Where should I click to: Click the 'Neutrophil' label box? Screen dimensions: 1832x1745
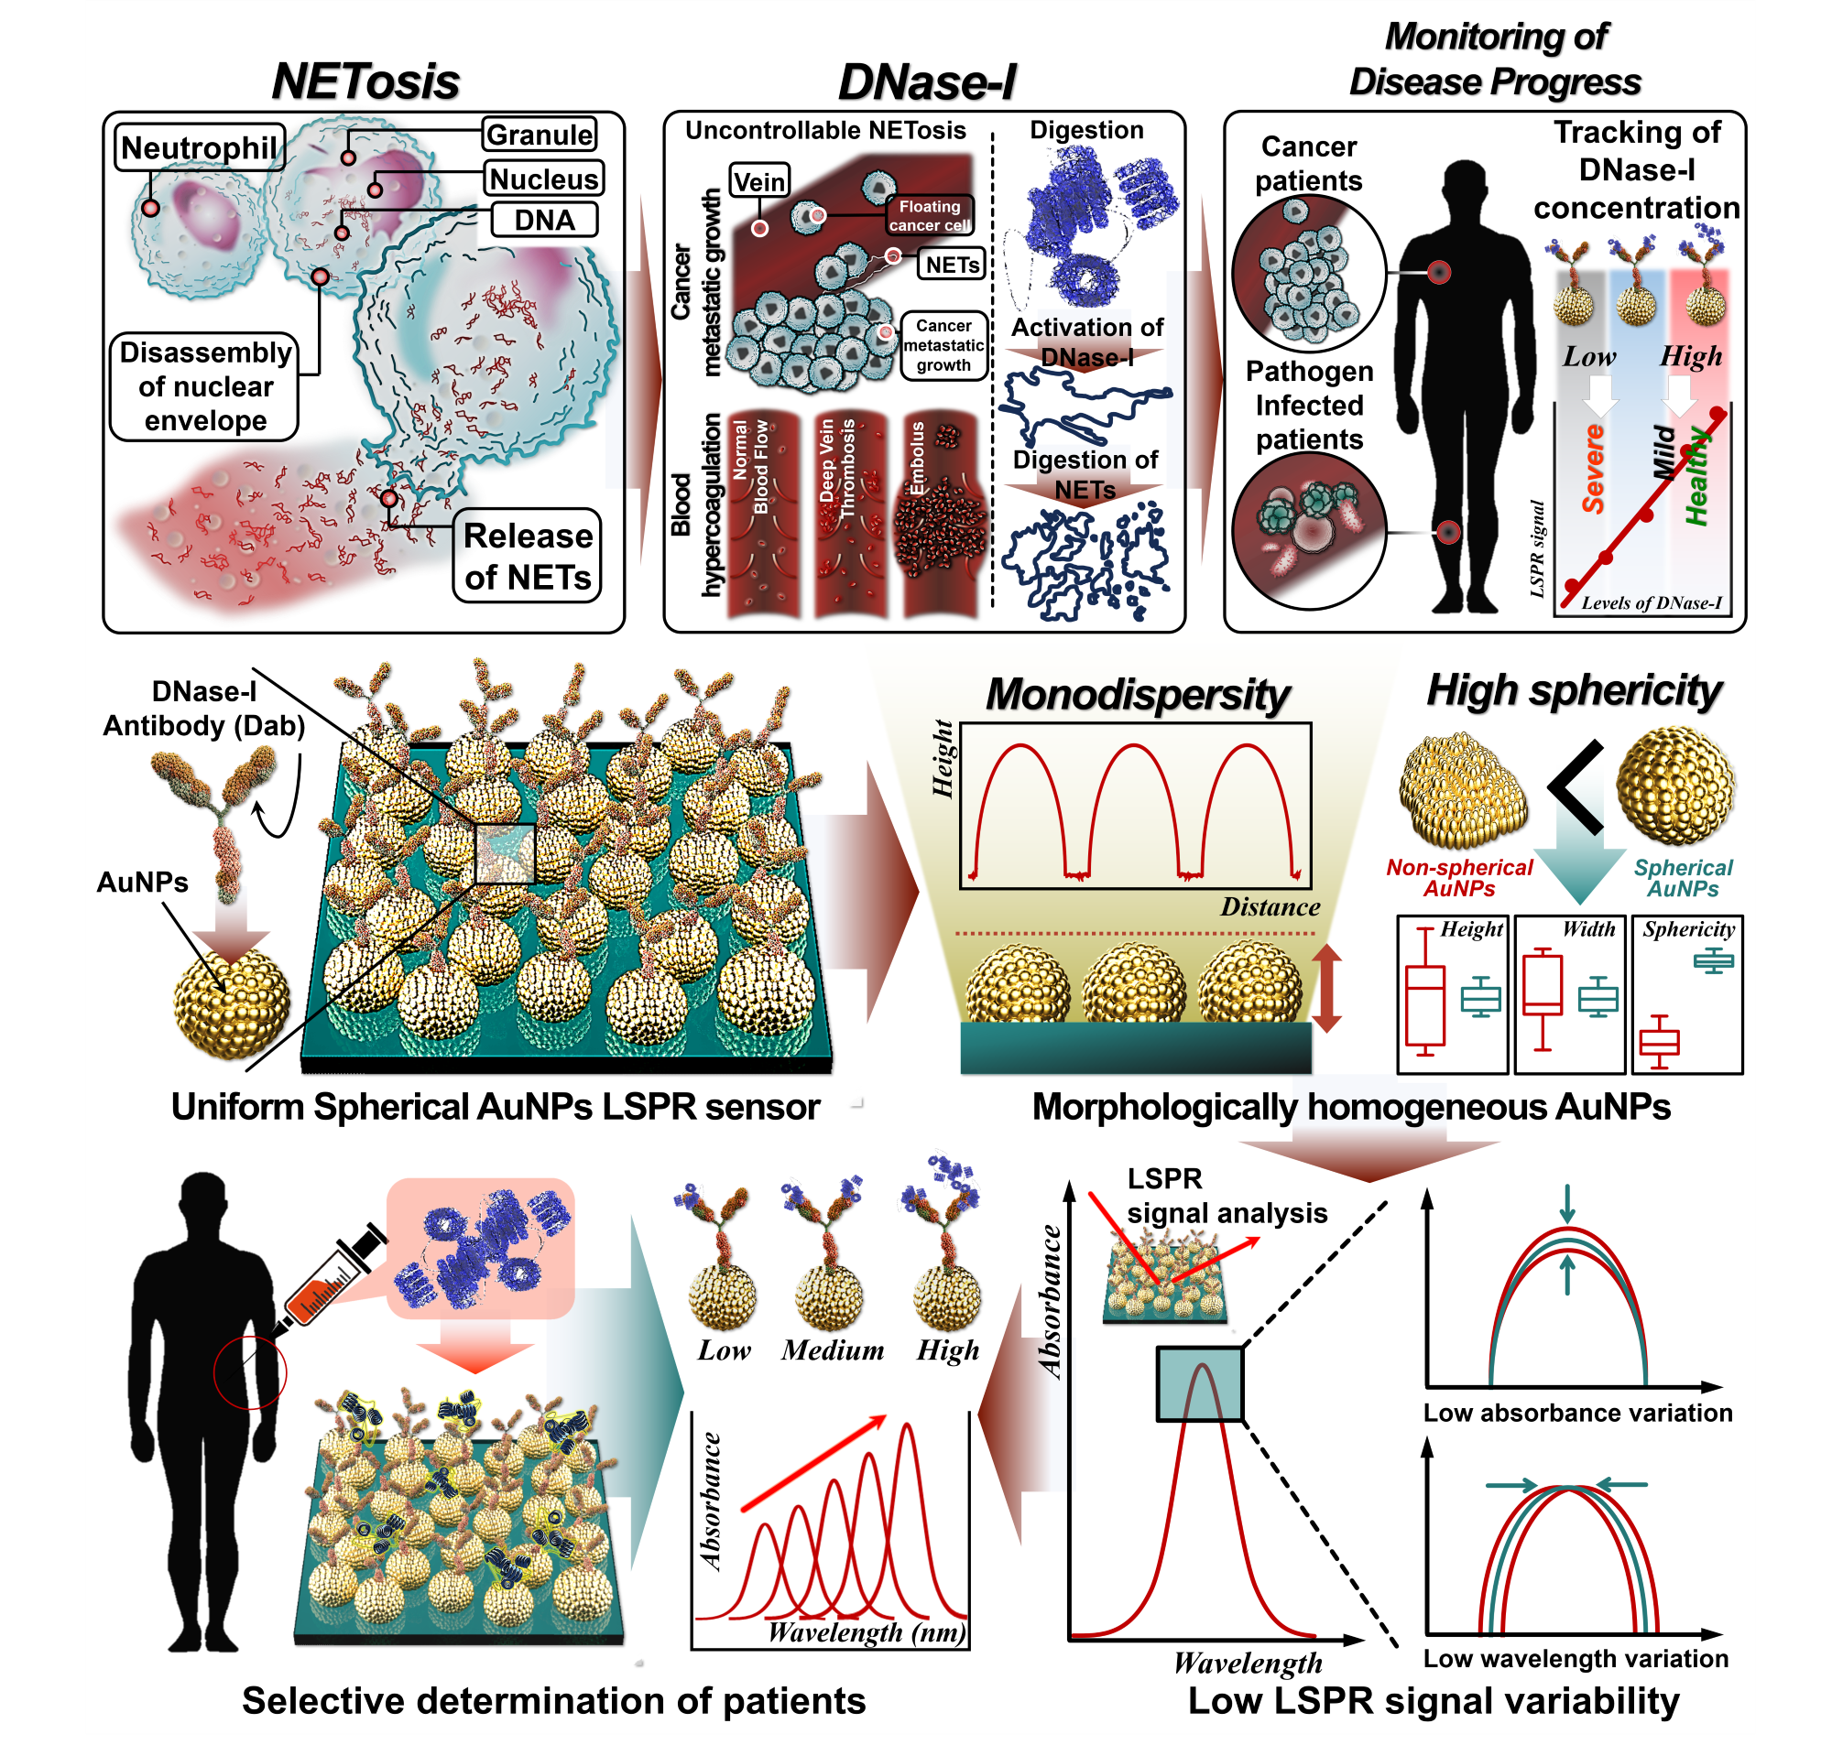tap(199, 147)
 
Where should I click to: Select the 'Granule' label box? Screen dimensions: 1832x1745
tap(540, 135)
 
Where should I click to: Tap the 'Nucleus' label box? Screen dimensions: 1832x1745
tap(544, 179)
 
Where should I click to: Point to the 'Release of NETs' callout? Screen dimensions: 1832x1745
tap(528, 556)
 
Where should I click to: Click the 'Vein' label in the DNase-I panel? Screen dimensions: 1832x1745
tap(759, 181)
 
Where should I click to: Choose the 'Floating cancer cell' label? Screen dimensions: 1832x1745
tap(929, 215)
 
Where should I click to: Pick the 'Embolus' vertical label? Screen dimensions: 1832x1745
tap(918, 459)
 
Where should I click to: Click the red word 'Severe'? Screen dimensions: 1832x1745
tap(1593, 469)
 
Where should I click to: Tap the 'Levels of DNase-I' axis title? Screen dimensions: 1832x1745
tap(1652, 602)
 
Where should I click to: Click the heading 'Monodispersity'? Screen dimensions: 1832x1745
tap(1137, 694)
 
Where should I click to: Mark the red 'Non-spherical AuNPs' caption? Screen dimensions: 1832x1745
tap(1459, 878)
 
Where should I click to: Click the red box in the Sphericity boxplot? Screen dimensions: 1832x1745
tap(1659, 1042)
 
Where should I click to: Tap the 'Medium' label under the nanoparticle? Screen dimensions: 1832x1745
tap(832, 1349)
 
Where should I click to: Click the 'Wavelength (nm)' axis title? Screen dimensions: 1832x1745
tap(867, 1632)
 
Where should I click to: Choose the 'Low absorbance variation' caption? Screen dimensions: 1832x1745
tap(1578, 1413)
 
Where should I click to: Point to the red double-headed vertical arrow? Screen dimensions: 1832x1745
tap(1326, 988)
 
